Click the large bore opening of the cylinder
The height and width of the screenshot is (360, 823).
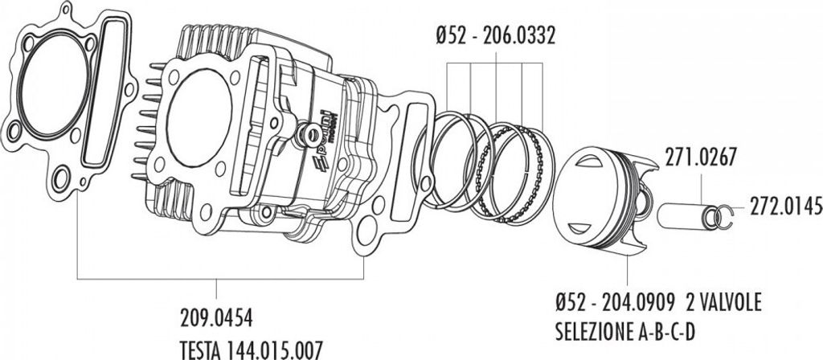[199, 116]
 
